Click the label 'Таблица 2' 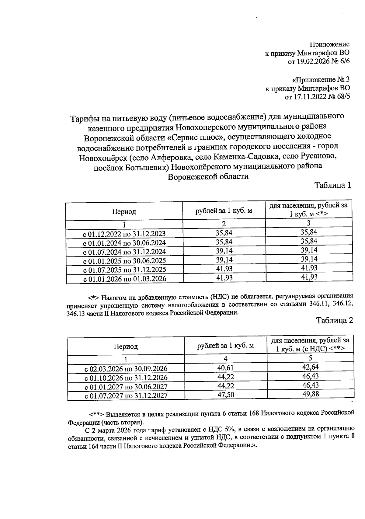[x=334, y=320]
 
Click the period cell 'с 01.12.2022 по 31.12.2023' [x=124, y=234]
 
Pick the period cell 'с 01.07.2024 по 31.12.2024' [x=124, y=252]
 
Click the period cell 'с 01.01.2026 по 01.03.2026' [x=124, y=279]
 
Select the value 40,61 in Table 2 [x=225, y=368]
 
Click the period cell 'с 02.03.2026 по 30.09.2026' [x=126, y=369]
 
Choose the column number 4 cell [x=225, y=359]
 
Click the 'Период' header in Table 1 [x=124, y=211]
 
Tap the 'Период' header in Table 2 [x=126, y=347]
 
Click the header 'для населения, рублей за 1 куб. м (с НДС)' [x=310, y=344]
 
